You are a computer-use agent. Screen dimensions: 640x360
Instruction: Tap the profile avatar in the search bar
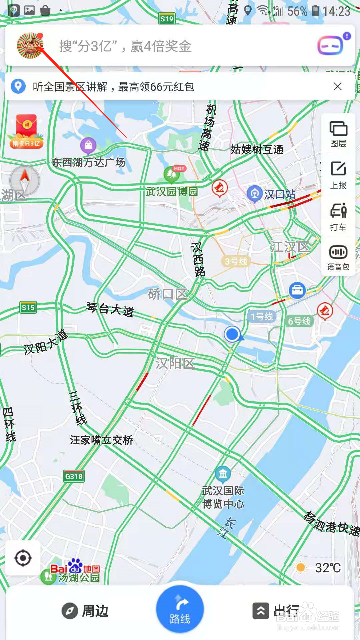point(30,46)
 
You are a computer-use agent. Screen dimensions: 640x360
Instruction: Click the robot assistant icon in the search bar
point(331,45)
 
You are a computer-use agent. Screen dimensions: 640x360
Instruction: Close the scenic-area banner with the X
point(337,87)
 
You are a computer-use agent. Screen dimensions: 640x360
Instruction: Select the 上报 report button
point(338,175)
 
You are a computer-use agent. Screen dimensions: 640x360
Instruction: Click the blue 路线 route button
point(180,609)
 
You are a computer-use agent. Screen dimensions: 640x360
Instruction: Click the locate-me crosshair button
point(23,558)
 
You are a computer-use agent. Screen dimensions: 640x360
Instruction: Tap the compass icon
point(24,180)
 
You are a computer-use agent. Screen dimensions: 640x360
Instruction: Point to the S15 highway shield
point(28,307)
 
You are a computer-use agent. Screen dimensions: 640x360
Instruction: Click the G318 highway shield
point(74,476)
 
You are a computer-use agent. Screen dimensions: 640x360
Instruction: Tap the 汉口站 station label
point(279,194)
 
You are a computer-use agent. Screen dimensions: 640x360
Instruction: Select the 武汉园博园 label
point(172,192)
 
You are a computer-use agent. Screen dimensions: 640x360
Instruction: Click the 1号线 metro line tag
point(262,317)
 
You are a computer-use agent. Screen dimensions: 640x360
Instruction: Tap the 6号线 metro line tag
point(299,321)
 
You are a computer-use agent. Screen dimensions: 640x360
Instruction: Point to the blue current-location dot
point(232,334)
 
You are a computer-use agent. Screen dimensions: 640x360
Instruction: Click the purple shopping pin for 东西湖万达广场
point(88,145)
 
